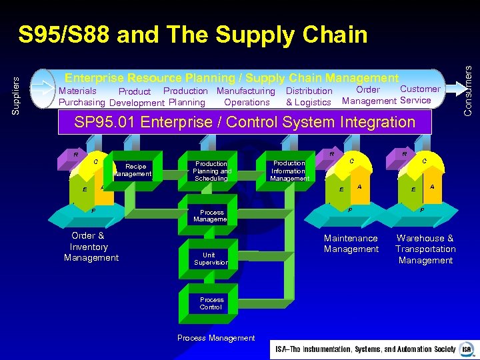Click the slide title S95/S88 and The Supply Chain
pyautogui.click(x=193, y=35)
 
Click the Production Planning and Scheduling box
pyautogui.click(x=211, y=171)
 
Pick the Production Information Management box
pyautogui.click(x=289, y=171)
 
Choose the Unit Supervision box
pyautogui.click(x=209, y=259)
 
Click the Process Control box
pyautogui.click(x=211, y=303)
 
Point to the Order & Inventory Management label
pyautogui.click(x=91, y=247)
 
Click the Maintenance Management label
pyautogui.click(x=351, y=244)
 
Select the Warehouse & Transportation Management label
pyautogui.click(x=425, y=249)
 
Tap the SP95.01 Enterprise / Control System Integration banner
pyautogui.click(x=245, y=122)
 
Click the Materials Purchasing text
pyautogui.click(x=81, y=97)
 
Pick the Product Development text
pyautogui.click(x=136, y=97)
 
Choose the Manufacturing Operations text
pyautogui.click(x=246, y=97)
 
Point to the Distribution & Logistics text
pyautogui.click(x=309, y=97)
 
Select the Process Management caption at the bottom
pyautogui.click(x=216, y=338)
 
